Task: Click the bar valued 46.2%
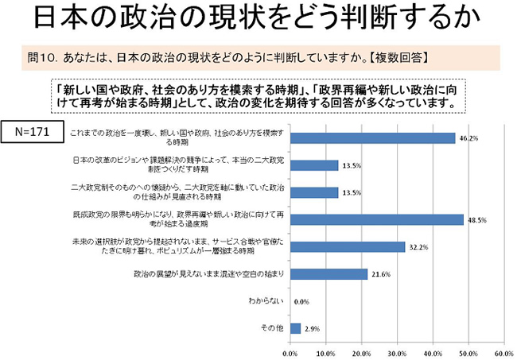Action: (372, 137)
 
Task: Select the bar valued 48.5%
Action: (376, 219)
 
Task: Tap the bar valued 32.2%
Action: (348, 246)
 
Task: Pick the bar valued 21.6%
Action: (328, 274)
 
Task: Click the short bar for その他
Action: (295, 328)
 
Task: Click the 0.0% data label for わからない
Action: (301, 301)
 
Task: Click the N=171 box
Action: (31, 130)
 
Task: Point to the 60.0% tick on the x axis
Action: (503, 352)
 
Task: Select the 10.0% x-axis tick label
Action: (326, 352)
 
